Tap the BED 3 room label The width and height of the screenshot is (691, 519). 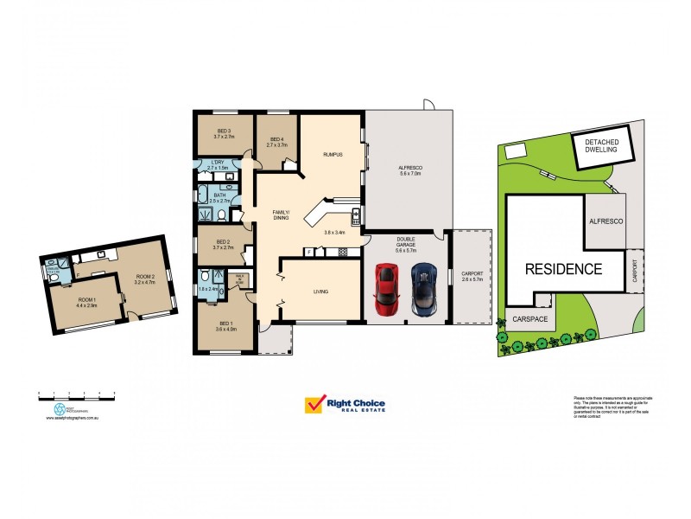click(224, 134)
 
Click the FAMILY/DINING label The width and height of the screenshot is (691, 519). click(282, 215)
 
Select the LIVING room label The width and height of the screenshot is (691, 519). click(320, 292)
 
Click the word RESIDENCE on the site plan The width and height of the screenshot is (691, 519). click(564, 268)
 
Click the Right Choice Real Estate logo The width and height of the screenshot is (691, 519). click(345, 406)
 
